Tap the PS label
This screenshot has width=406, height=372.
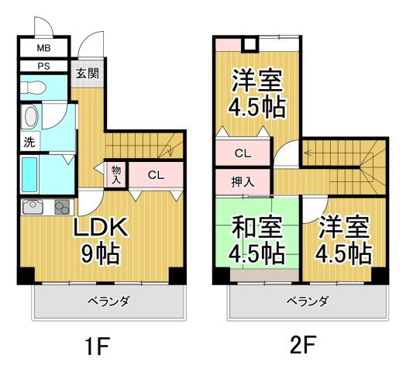pos(44,67)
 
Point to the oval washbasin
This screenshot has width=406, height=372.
pos(30,118)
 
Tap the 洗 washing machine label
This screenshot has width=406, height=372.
pos(29,143)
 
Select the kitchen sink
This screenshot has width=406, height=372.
pos(34,207)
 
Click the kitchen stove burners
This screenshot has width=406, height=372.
pos(61,207)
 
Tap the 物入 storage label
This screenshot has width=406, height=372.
pos(116,174)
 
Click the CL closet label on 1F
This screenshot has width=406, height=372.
pos(156,175)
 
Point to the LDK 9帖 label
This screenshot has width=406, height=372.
pos(100,239)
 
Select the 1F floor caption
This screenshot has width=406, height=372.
pos(98,344)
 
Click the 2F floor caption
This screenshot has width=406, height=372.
pos(303,344)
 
